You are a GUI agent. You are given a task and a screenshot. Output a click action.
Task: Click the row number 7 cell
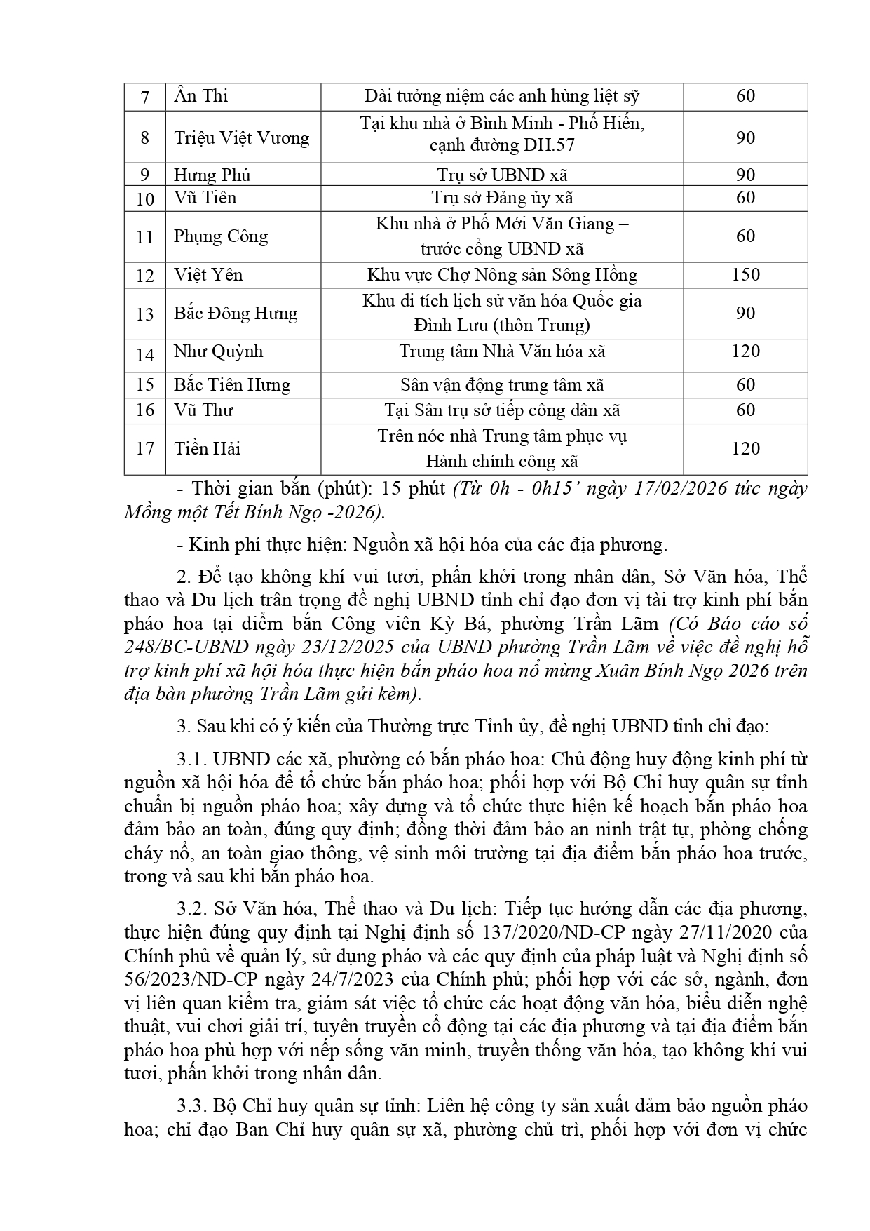pos(145,97)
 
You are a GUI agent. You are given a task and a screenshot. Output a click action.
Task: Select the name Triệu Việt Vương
pos(241,137)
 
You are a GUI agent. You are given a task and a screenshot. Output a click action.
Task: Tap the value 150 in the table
pos(745,274)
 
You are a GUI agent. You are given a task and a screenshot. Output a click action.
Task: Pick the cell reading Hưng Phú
pos(212,175)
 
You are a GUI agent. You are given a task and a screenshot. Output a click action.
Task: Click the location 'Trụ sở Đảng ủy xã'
pos(502,198)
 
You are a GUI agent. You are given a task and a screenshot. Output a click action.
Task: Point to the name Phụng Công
pos(221,236)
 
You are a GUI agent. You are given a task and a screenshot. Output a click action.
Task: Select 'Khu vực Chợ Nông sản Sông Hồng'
pos(502,274)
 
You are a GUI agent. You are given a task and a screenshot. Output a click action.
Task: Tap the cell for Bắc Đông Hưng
pos(236,313)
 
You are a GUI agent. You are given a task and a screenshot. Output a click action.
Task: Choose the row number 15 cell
pos(145,384)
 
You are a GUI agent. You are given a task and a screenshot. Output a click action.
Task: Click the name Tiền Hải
pos(208,448)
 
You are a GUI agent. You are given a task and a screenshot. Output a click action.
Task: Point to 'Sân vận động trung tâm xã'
pos(502,384)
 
